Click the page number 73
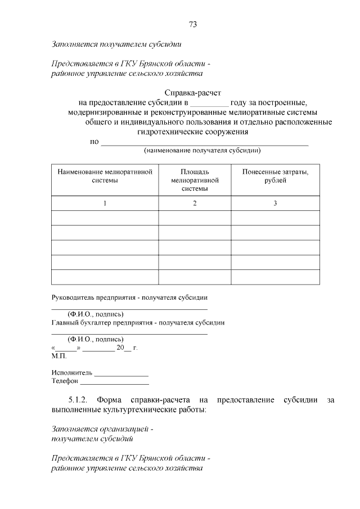click(192, 25)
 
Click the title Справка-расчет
click(193, 92)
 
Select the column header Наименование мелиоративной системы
click(105, 176)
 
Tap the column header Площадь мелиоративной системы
click(194, 180)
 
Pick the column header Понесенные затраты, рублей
click(275, 176)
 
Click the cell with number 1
click(105, 203)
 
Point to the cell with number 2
click(195, 203)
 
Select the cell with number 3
click(275, 203)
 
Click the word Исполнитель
click(71, 372)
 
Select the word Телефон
click(65, 381)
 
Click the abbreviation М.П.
click(58, 357)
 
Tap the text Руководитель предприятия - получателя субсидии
click(130, 296)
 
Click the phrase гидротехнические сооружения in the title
click(193, 132)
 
